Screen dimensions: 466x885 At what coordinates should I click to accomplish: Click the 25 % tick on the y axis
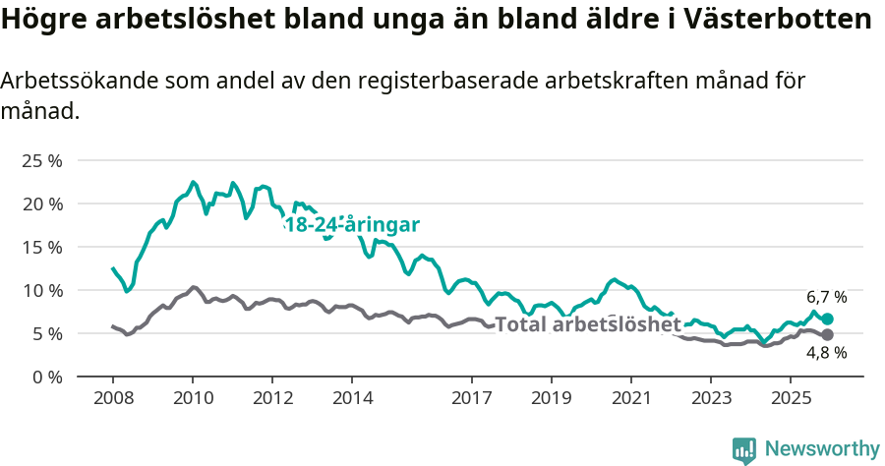pos(42,160)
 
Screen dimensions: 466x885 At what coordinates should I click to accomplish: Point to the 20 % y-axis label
pos(42,204)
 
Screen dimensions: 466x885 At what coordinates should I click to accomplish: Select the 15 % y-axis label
pos(42,247)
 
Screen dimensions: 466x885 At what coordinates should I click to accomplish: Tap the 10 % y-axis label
pos(42,290)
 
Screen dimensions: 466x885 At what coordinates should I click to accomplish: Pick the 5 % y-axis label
pos(47,333)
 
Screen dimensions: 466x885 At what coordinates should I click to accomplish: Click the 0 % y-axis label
pos(47,377)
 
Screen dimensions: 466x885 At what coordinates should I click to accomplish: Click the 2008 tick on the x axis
pos(112,398)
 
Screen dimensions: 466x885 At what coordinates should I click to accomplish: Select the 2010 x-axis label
pos(193,398)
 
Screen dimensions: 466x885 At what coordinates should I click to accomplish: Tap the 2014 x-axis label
pos(352,398)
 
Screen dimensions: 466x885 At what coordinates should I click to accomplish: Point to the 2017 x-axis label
pos(471,398)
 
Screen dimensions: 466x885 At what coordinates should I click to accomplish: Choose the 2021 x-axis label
pos(630,398)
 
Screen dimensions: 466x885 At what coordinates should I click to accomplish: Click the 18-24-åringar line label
pos(352,225)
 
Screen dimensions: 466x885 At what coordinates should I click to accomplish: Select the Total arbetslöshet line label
pos(587,324)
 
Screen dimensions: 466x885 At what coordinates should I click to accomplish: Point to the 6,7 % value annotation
pos(827,297)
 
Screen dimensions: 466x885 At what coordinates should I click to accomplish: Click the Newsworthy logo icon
pos(744,450)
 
